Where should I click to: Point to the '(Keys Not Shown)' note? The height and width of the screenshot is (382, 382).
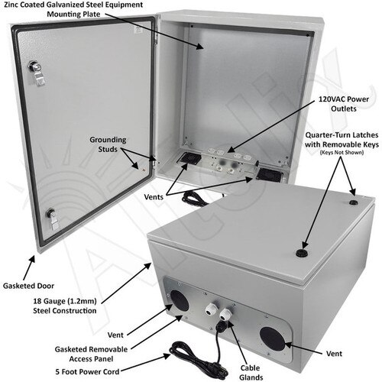(x=342, y=173)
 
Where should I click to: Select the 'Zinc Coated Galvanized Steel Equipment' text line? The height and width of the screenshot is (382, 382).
(x=73, y=5)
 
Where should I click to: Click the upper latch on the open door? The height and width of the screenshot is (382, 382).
(x=34, y=67)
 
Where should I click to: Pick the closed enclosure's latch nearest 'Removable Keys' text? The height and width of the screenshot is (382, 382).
(x=353, y=204)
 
